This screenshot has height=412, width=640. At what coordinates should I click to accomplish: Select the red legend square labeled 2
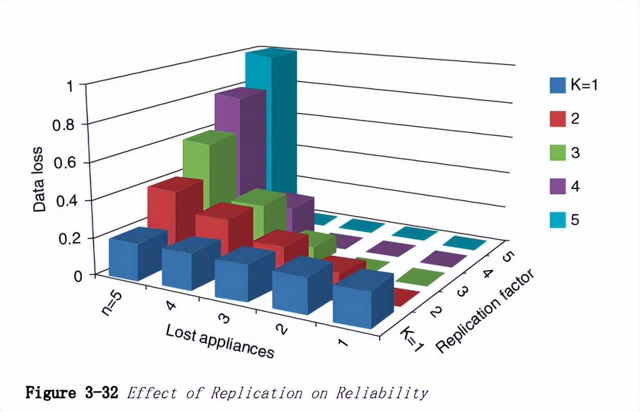tap(558, 119)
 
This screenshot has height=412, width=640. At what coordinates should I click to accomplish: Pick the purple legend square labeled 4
tap(558, 186)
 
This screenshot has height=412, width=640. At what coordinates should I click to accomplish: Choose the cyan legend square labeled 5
tap(558, 220)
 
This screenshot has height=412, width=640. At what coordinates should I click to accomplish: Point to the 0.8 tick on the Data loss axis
tap(64, 124)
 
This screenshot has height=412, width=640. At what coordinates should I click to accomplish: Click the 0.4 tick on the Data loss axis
tap(64, 200)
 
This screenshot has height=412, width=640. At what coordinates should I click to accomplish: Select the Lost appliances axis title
tap(220, 342)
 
